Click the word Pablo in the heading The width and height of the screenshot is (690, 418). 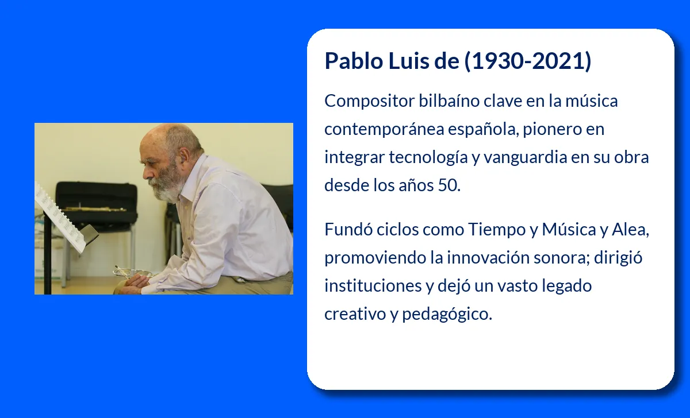(354, 61)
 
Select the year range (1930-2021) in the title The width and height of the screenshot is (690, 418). (528, 61)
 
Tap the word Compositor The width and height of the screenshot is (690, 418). (369, 102)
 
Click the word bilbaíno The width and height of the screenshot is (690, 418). (449, 101)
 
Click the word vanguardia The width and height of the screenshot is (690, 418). (526, 158)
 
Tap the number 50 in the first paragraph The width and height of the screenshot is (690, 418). (449, 185)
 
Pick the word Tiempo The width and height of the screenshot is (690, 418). (497, 230)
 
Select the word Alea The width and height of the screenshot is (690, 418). (630, 230)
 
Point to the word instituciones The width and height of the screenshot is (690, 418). (373, 286)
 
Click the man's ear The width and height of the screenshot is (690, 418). (185, 156)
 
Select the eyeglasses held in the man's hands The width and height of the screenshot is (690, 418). (133, 272)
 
